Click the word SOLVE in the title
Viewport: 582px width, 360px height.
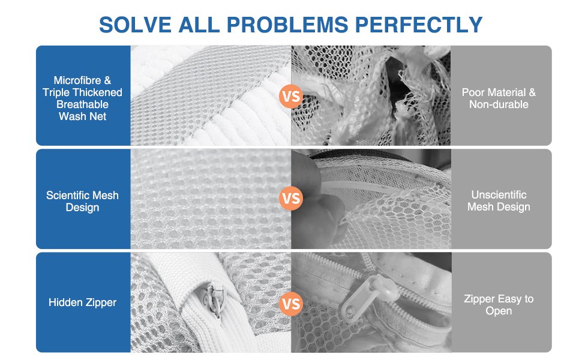coord(135,25)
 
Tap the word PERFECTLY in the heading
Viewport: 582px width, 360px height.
coord(419,25)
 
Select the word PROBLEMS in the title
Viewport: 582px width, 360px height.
coord(287,25)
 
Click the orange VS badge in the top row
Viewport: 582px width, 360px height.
coord(291,97)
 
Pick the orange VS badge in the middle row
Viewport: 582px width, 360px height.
coord(291,198)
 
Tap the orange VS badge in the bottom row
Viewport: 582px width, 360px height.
coord(291,304)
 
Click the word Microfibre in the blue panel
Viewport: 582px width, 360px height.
coord(77,80)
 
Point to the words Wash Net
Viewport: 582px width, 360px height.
coord(82,116)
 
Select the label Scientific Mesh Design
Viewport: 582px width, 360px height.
coord(82,201)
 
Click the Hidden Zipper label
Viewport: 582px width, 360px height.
coord(82,302)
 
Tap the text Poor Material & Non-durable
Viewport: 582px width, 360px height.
coord(499,98)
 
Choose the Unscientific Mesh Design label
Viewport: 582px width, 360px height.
coord(499,201)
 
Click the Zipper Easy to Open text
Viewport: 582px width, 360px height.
coord(499,305)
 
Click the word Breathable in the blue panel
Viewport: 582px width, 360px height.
coord(82,104)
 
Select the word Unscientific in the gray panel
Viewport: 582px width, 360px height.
coord(499,195)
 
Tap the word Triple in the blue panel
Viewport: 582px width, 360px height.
coord(56,92)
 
